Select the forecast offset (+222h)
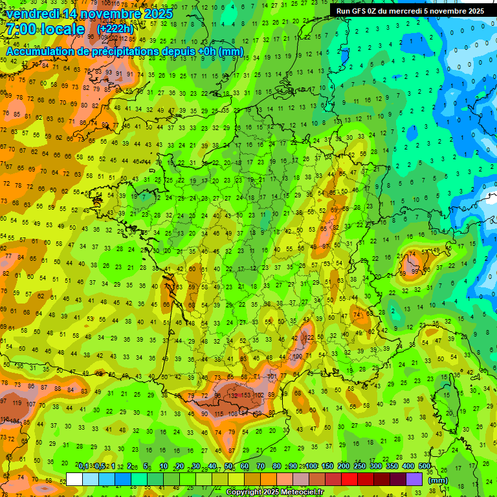click(115, 29)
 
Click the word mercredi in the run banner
click(419, 11)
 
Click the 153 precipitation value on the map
click(246, 395)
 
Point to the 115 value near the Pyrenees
click(220, 414)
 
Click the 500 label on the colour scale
click(425, 466)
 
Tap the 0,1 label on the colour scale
click(83, 466)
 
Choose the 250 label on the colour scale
click(360, 466)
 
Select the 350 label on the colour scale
click(392, 466)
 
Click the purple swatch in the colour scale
click(414, 479)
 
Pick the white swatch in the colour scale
click(74, 479)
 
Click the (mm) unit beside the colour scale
click(438, 480)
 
